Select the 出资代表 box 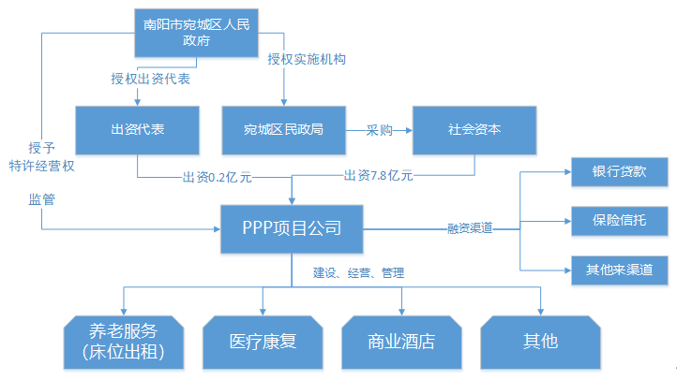138,129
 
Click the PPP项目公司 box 292,227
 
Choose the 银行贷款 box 619,172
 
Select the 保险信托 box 619,222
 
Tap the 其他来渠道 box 619,270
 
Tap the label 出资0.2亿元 214,175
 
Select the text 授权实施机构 307,59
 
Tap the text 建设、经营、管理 358,274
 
